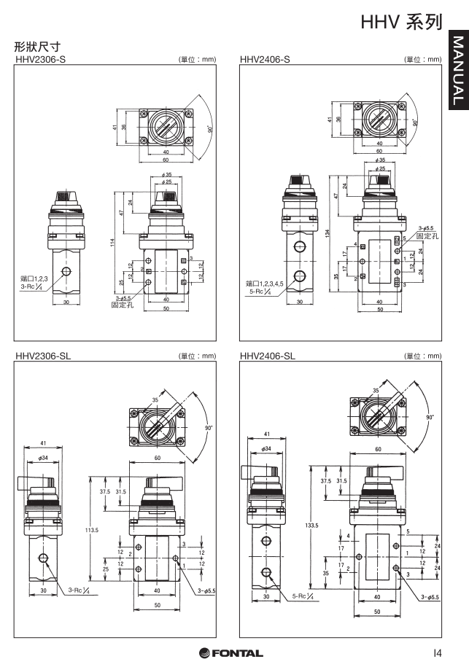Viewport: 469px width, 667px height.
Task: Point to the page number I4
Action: [x=436, y=652]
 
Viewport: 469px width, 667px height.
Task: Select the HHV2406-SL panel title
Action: [x=268, y=356]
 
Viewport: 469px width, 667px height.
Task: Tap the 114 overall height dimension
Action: [x=112, y=243]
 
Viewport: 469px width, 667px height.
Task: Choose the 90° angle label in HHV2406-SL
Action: [x=430, y=418]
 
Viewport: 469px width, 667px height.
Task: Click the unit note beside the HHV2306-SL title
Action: [x=195, y=356]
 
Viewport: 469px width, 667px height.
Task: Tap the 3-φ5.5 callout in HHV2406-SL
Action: [x=430, y=597]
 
